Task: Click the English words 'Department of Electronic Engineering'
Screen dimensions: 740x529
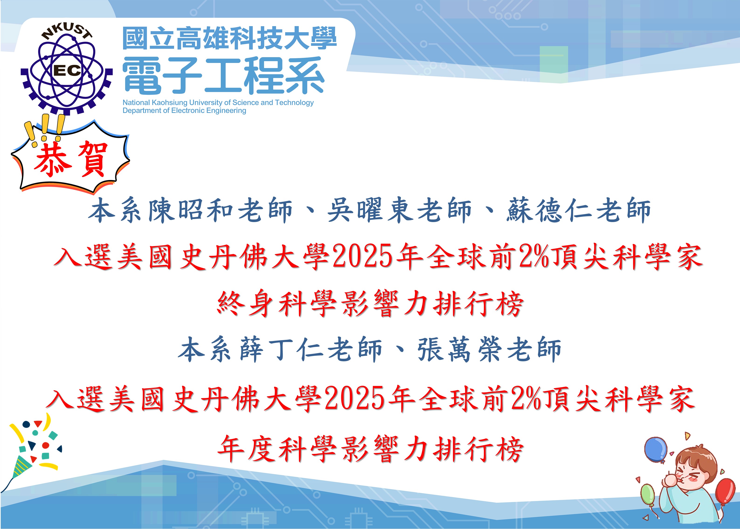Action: (184, 111)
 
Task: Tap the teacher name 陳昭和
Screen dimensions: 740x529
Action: (191, 210)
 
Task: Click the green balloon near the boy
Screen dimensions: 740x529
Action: (647, 494)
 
